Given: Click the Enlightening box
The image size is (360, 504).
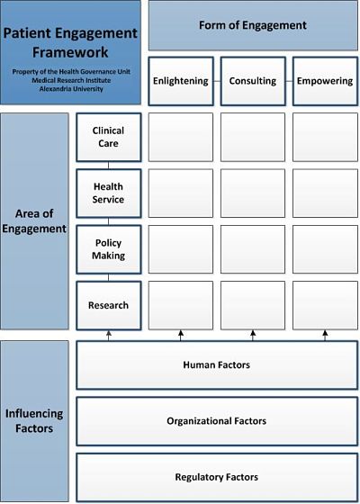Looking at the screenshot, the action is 181,81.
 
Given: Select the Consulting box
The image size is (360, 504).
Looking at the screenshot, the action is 253,81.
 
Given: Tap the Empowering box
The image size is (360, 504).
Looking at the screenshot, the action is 325,81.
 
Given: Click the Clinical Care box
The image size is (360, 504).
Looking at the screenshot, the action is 109,137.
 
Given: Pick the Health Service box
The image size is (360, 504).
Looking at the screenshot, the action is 109,193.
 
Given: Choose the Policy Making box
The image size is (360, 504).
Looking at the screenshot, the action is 109,249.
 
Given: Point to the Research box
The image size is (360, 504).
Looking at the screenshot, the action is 109,305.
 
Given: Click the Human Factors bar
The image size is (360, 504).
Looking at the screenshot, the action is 217,365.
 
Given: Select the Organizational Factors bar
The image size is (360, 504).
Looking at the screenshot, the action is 217,421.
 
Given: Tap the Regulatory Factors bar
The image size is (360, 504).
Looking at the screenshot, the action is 217,477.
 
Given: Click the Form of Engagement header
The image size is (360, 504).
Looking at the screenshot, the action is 253,25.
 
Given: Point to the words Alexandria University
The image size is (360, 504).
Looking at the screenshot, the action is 71,89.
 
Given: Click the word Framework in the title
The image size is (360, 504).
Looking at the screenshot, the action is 70,52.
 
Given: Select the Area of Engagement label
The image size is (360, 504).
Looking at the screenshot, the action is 34,221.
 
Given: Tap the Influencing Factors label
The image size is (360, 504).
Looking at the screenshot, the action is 34,421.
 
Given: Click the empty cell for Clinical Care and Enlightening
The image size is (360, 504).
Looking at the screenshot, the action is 181,137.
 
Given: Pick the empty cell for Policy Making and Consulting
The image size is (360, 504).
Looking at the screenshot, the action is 253,249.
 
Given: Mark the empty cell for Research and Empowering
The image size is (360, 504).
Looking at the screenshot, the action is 325,305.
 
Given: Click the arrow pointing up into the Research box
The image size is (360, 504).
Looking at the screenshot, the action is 108,336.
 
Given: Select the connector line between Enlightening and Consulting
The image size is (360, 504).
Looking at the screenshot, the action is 217,81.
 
